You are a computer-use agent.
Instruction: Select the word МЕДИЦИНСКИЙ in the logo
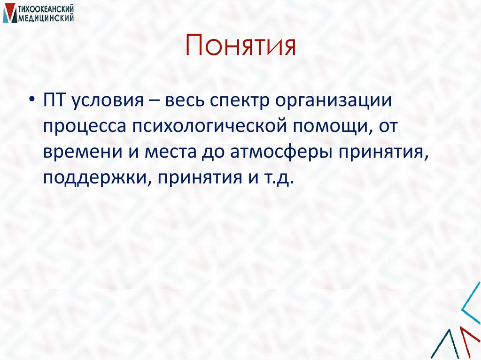click(x=46, y=18)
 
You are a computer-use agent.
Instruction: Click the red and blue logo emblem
click(x=9, y=14)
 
